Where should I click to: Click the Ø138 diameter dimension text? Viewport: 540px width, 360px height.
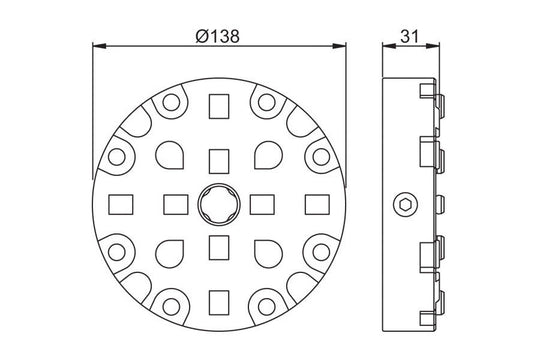[218, 34]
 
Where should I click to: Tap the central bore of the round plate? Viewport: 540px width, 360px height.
[218, 203]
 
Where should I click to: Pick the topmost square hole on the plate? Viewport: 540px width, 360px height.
[218, 104]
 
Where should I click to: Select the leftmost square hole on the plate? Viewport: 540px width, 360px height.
[119, 203]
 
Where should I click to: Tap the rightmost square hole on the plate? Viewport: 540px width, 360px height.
[317, 203]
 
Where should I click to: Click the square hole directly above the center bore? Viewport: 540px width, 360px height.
[218, 158]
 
